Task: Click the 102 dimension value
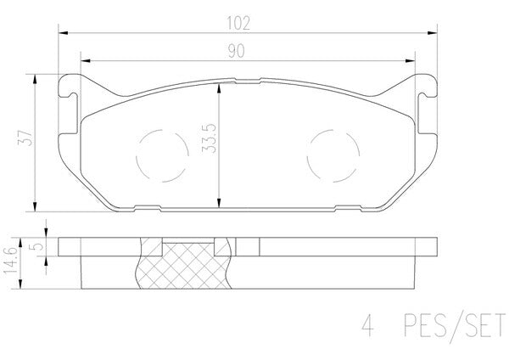[238, 24]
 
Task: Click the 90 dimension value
[236, 51]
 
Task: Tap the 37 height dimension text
[25, 138]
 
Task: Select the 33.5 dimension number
[209, 138]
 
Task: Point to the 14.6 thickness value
[10, 262]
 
